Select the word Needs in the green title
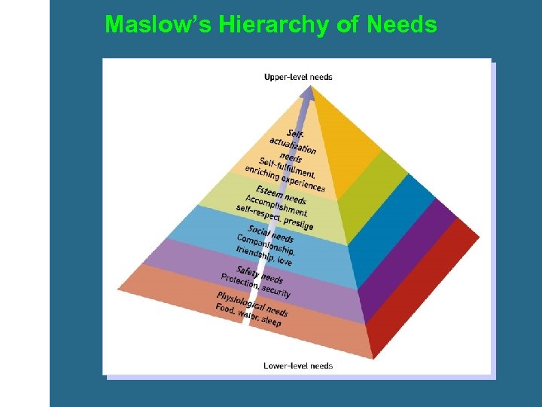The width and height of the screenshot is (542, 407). tap(402, 25)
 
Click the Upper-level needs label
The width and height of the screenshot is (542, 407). tap(298, 76)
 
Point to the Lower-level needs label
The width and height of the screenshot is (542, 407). tap(298, 366)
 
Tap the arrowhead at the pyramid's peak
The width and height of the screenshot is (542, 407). tap(309, 92)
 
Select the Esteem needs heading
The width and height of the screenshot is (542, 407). tap(281, 195)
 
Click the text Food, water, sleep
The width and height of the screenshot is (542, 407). tap(248, 315)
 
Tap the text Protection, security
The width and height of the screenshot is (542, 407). tap(255, 285)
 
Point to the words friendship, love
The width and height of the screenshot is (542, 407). tap(263, 255)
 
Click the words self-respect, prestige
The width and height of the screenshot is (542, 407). tap(274, 217)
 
